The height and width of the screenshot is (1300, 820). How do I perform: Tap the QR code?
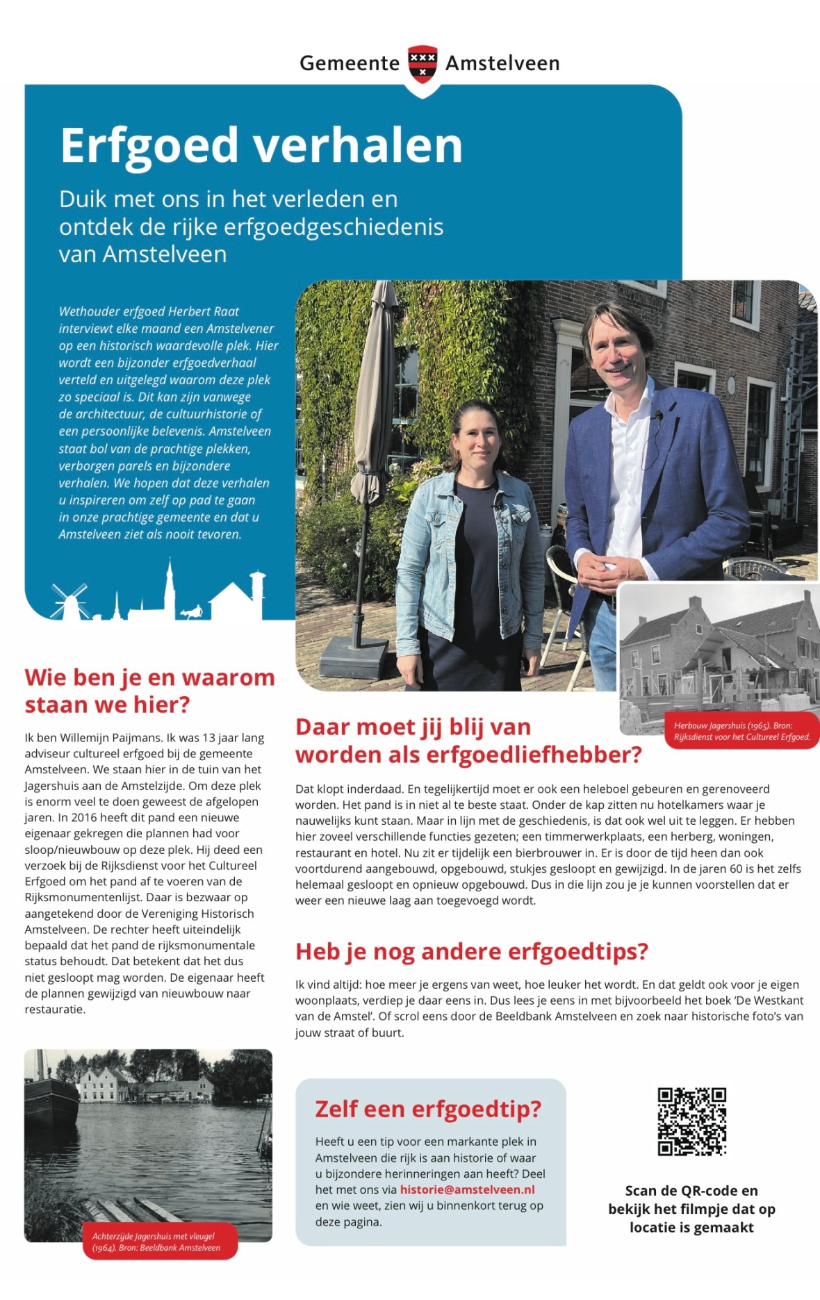pyautogui.click(x=691, y=1121)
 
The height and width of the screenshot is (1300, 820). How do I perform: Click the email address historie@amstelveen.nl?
pyautogui.click(x=467, y=1190)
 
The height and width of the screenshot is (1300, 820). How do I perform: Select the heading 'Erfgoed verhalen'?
pyautogui.click(x=261, y=146)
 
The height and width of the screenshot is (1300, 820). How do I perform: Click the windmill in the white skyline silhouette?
pyautogui.click(x=69, y=602)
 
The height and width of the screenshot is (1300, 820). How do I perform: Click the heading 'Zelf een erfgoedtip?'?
pyautogui.click(x=427, y=1109)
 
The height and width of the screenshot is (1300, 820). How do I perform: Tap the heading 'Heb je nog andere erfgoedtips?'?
pyautogui.click(x=471, y=951)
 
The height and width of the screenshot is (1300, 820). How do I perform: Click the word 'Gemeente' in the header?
pyautogui.click(x=350, y=63)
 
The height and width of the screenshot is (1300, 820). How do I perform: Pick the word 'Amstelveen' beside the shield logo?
pyautogui.click(x=502, y=63)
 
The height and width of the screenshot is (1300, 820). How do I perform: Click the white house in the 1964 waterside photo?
pyautogui.click(x=104, y=1084)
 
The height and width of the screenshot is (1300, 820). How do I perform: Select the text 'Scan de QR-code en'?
pyautogui.click(x=691, y=1190)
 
